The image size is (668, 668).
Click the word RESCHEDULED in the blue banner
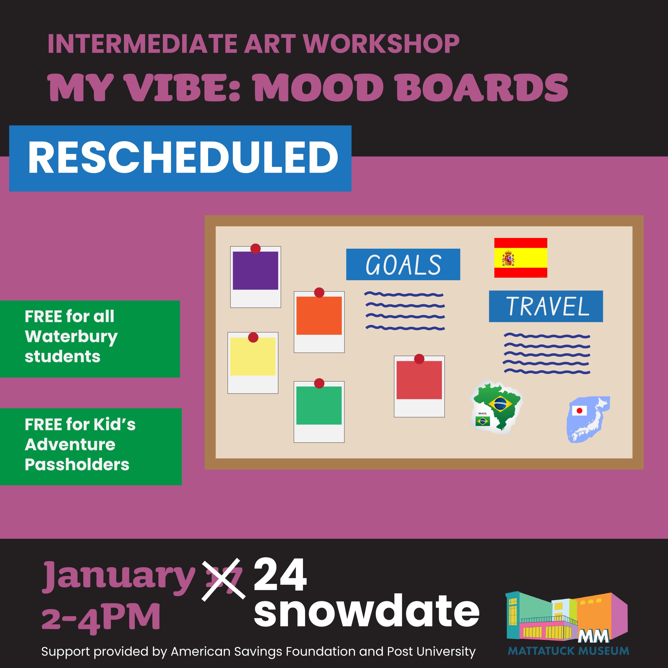tap(183, 158)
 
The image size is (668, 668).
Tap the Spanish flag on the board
tap(520, 258)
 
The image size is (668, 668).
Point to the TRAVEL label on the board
tap(546, 306)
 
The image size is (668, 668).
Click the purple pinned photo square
tap(255, 270)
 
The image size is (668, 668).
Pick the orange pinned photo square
tap(319, 315)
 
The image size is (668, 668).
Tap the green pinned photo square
tap(319, 405)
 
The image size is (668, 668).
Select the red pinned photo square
tap(419, 380)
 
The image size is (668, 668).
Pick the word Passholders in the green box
tap(77, 464)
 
